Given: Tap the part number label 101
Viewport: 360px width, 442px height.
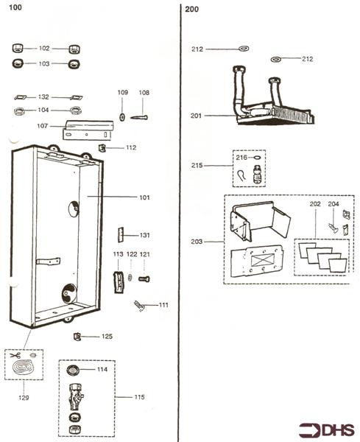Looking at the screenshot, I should pos(144,197).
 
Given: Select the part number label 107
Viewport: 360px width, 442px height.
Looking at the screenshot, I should pos(44,126).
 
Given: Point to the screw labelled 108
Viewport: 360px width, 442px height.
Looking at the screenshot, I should pos(141,116).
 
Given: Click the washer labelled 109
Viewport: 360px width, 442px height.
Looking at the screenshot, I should pos(122,116).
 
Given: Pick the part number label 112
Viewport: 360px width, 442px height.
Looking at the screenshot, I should pos(130,147).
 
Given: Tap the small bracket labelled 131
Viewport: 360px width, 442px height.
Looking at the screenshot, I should pos(121,234).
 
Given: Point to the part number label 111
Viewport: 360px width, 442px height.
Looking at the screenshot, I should pos(163,305).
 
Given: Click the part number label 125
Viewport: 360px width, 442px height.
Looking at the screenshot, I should pos(107,337).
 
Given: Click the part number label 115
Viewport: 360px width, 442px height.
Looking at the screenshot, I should pos(140,398).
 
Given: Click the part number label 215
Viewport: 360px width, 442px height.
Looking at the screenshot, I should pos(197,166).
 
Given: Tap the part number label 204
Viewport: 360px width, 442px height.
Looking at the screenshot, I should pos(333,203).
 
